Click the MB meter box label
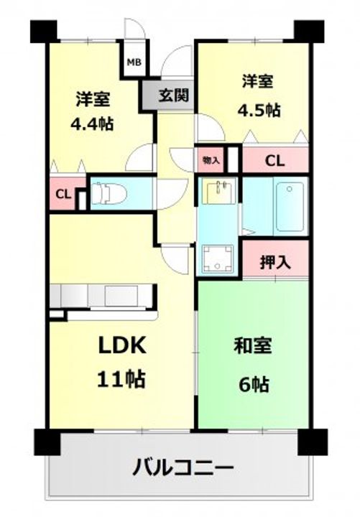click(x=134, y=62)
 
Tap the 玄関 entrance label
click(x=174, y=96)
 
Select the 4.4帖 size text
click(x=93, y=124)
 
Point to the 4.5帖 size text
click(x=259, y=110)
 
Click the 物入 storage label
click(x=211, y=161)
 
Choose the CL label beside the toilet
click(x=63, y=194)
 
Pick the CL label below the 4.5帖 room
click(x=275, y=161)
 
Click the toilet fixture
click(x=109, y=194)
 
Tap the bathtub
click(x=290, y=207)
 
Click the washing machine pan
click(x=218, y=258)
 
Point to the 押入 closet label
click(x=275, y=262)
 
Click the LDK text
click(x=122, y=345)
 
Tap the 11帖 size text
click(x=121, y=379)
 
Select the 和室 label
click(x=253, y=346)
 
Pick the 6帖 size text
click(x=254, y=383)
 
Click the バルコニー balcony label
click(x=183, y=467)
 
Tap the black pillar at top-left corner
click(x=44, y=32)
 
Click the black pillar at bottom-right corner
click(x=313, y=442)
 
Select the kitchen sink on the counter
click(x=121, y=296)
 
